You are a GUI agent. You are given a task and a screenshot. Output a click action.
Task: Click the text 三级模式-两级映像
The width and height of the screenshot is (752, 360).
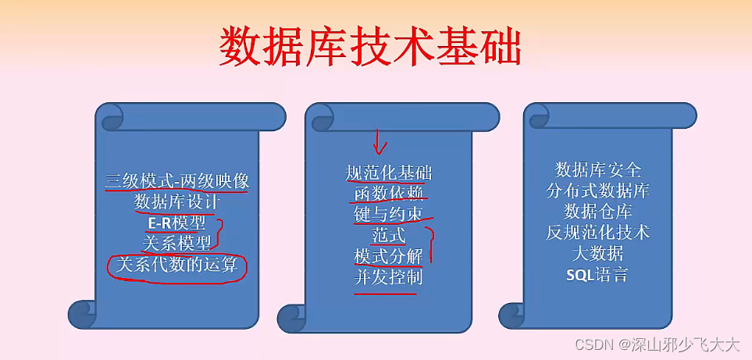(x=176, y=181)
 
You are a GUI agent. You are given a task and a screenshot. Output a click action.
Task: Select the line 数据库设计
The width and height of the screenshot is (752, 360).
(x=176, y=201)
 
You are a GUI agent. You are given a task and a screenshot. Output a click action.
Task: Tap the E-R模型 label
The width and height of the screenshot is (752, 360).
(x=176, y=223)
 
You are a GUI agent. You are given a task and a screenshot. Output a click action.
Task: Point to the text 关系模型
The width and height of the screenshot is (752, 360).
(x=176, y=244)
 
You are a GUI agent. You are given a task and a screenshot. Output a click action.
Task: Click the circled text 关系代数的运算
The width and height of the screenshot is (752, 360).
(x=176, y=265)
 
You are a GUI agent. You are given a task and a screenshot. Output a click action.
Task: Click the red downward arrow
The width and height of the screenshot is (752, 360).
(x=380, y=141)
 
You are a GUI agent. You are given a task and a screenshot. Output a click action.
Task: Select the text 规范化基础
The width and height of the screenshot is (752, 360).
(x=388, y=173)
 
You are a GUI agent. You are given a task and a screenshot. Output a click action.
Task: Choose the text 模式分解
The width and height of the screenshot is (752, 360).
(x=388, y=256)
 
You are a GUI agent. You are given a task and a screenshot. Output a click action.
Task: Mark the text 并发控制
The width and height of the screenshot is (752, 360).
(x=388, y=277)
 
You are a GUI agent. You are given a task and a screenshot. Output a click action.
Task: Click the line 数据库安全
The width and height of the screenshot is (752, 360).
(x=597, y=169)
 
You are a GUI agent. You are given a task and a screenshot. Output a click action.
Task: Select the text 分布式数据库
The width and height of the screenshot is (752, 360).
(x=597, y=191)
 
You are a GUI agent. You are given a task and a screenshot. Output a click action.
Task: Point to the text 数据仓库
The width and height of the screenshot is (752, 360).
(x=597, y=212)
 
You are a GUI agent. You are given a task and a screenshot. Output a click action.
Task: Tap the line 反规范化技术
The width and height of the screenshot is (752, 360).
(x=597, y=233)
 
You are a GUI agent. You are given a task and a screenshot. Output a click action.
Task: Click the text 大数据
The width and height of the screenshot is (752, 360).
(x=597, y=254)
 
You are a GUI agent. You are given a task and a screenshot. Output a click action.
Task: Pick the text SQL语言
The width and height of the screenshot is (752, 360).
(x=597, y=275)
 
